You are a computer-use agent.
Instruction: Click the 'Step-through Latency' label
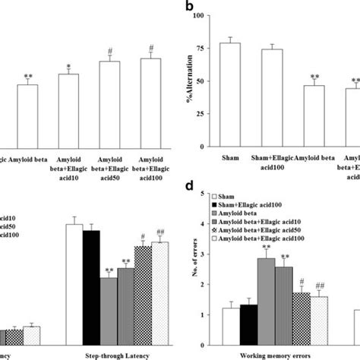click(118, 354)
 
